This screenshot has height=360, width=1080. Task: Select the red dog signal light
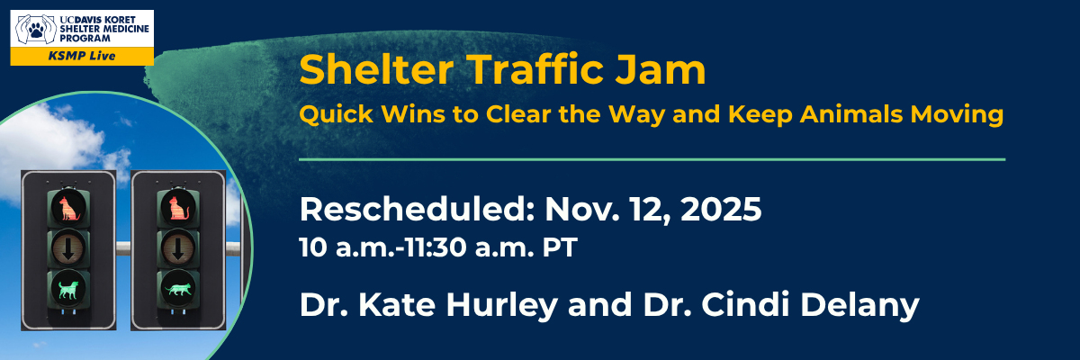(x=67, y=208)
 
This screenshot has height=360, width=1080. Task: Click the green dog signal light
(x=67, y=288)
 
